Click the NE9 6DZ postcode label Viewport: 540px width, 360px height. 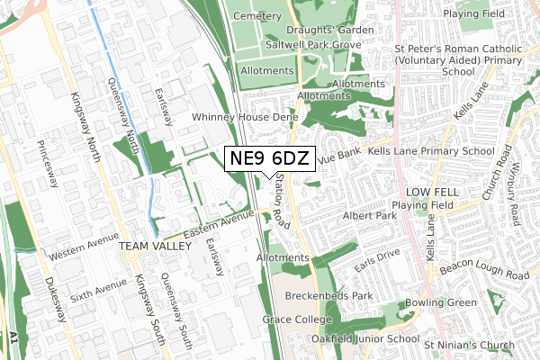coord(269,159)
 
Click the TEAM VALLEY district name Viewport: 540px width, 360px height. coord(144,246)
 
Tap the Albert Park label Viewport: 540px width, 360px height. coord(370,217)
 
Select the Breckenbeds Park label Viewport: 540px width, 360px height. coord(328,295)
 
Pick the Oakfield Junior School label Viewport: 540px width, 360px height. coord(364,339)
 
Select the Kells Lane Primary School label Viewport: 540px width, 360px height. coord(431,151)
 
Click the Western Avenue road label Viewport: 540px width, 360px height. coord(85,248)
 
